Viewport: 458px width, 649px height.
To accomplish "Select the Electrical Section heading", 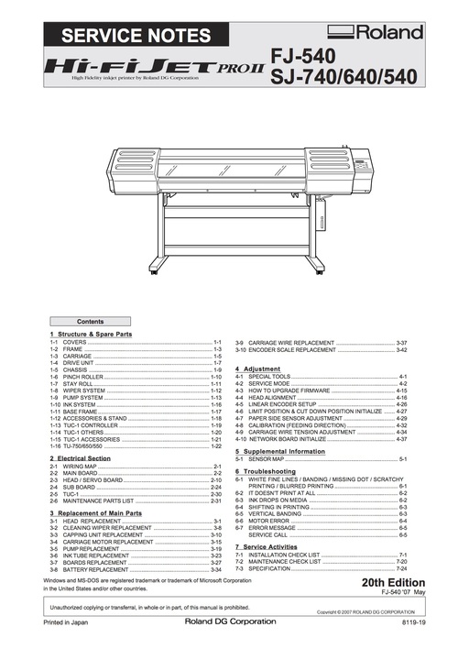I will coord(83,457).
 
